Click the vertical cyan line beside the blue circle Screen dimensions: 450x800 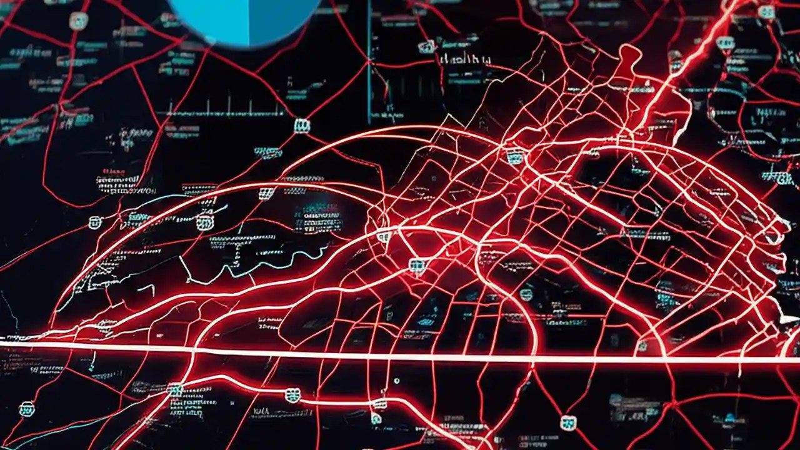point(369,62)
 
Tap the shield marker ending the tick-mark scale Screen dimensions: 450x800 point(301,126)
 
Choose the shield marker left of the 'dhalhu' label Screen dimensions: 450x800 point(427,46)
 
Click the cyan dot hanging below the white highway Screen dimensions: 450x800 point(396,380)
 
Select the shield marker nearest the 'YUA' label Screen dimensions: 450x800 point(292,395)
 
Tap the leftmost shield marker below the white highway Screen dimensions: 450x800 point(26,409)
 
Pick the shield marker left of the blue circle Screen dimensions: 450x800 point(79,20)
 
